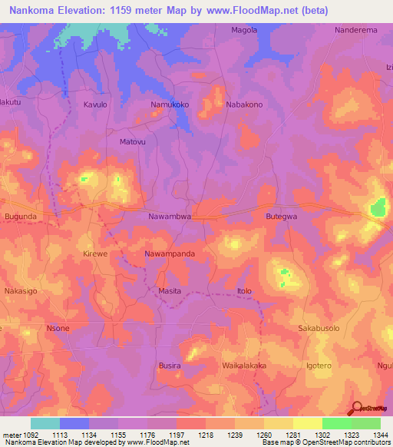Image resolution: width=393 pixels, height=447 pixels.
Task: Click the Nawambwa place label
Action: click(x=170, y=217)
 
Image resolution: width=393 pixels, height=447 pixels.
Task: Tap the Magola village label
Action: click(x=245, y=30)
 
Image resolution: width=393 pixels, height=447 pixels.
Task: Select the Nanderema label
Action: click(x=355, y=30)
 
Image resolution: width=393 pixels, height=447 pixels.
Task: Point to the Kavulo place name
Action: click(x=96, y=104)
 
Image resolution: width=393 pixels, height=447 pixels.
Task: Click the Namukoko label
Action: click(x=170, y=104)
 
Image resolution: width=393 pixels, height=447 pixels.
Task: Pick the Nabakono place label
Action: click(x=245, y=104)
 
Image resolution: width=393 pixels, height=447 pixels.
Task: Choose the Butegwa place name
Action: click(x=281, y=217)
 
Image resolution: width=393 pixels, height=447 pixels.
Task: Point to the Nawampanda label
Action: click(x=170, y=253)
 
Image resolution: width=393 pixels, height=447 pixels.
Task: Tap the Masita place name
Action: click(x=170, y=291)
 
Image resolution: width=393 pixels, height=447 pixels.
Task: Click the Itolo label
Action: click(x=245, y=291)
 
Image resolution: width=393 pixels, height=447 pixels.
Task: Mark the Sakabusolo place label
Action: click(x=319, y=328)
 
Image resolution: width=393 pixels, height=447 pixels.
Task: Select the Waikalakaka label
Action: click(x=245, y=366)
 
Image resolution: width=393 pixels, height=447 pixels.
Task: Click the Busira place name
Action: click(x=170, y=366)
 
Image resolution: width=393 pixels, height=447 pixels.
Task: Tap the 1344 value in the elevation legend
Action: click(x=379, y=435)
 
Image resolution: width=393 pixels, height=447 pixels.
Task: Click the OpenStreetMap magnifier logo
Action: click(x=356, y=408)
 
